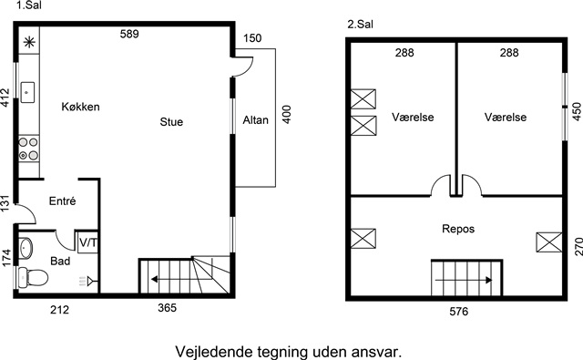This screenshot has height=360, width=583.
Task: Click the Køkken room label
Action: [80, 107]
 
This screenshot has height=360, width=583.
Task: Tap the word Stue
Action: [171, 122]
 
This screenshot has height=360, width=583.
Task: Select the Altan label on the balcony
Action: [255, 120]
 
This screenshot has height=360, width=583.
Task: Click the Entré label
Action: [63, 201]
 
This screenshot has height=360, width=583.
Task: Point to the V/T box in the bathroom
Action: [87, 242]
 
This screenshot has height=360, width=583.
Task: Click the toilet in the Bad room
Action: [33, 277]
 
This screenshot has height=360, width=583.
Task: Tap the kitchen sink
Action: [27, 92]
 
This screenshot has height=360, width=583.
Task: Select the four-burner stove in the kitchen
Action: [28, 149]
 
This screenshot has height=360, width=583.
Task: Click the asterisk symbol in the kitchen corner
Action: [29, 42]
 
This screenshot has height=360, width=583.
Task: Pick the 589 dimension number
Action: [129, 35]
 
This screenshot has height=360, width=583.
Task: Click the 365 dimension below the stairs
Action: [167, 308]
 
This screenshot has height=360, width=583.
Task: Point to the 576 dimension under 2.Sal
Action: [459, 312]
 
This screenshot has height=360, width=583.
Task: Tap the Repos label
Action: [458, 229]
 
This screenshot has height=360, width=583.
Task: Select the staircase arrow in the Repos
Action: [464, 280]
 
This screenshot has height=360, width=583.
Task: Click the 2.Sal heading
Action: [361, 25]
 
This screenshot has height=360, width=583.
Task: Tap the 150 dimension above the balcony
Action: [252, 38]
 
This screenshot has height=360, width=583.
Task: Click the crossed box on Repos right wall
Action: [548, 242]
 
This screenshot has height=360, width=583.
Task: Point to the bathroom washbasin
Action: [26, 248]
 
